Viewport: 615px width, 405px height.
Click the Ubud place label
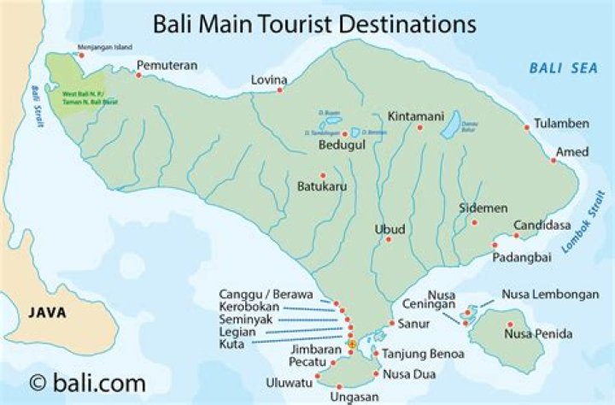(389, 229)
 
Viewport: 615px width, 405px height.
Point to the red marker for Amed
(553, 160)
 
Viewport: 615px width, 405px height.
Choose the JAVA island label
(47, 313)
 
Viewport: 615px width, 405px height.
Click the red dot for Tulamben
(527, 128)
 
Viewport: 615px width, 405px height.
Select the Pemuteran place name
(167, 64)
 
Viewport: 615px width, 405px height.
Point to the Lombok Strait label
(589, 222)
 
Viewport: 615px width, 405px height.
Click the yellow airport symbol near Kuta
(351, 343)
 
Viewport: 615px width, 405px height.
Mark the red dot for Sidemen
(475, 222)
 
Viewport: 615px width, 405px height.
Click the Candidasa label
(540, 226)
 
